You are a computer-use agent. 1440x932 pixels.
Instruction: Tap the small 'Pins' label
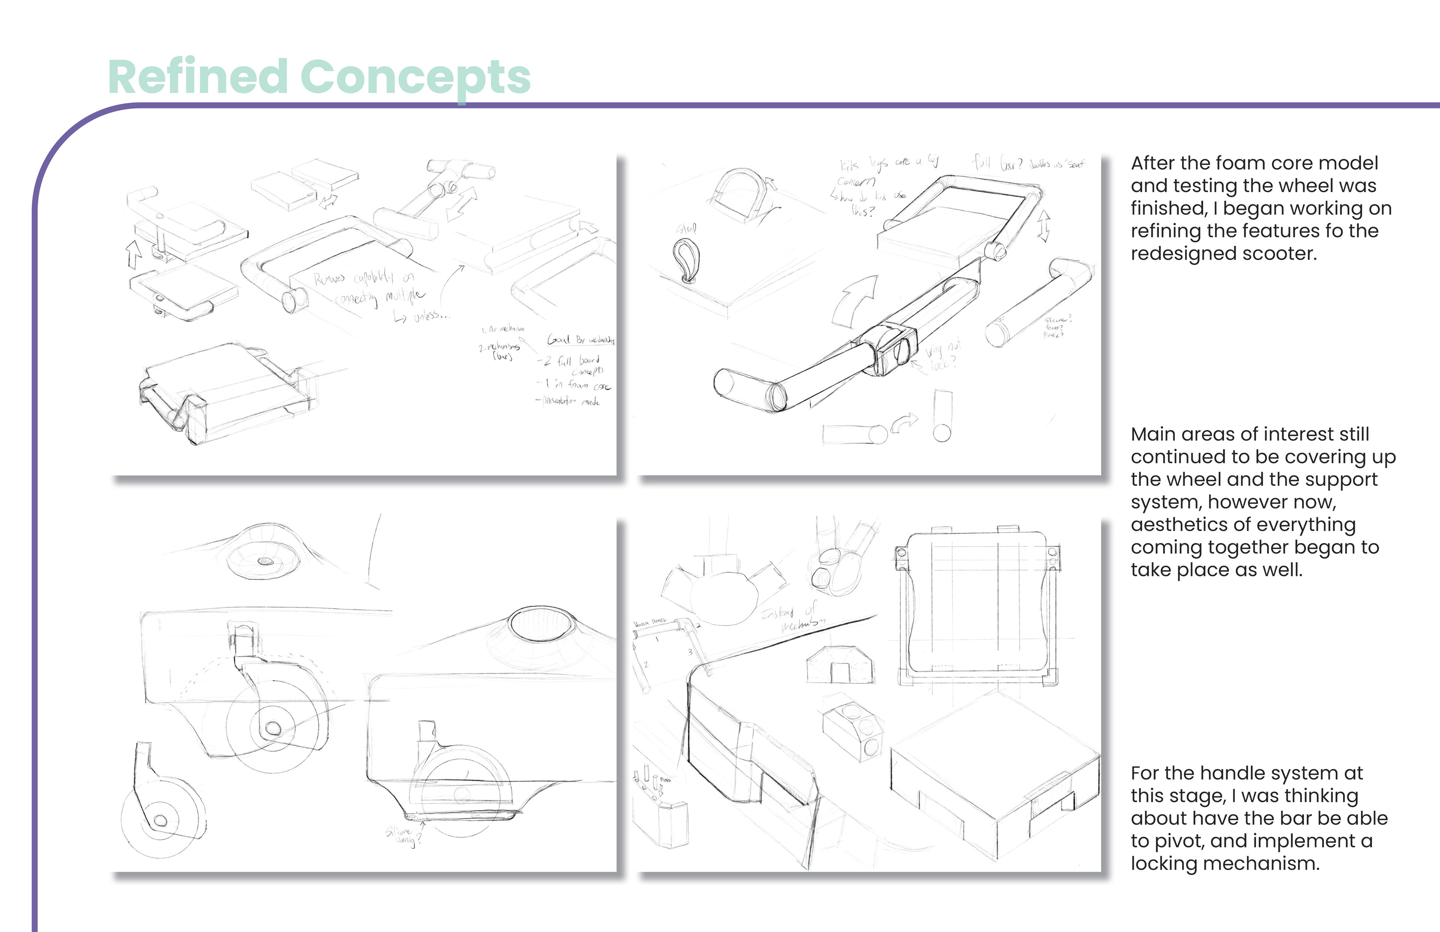pos(665,780)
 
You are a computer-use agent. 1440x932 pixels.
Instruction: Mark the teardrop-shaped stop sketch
pos(686,260)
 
